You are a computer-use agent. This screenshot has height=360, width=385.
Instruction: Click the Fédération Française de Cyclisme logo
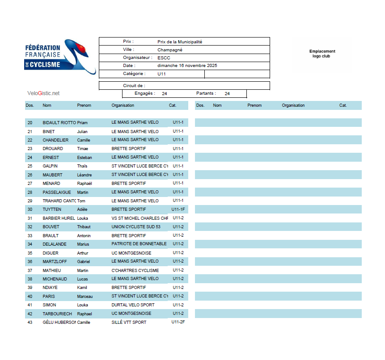click(59, 57)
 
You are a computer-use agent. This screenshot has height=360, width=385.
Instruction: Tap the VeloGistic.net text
click(43, 93)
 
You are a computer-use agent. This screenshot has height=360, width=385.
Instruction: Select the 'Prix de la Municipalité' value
click(180, 42)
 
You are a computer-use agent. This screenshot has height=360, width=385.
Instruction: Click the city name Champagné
click(170, 50)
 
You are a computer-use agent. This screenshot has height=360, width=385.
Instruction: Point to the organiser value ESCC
click(164, 58)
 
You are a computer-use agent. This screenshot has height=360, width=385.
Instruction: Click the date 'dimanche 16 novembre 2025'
click(187, 66)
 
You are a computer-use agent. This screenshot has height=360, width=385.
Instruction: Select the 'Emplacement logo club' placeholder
click(322, 54)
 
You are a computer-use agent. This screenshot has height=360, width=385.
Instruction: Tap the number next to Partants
click(227, 94)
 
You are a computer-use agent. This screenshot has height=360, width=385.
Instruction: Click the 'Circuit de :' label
click(134, 85)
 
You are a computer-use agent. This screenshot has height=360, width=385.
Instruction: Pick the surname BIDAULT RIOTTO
click(59, 122)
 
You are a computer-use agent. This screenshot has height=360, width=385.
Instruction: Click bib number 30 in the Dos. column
click(30, 209)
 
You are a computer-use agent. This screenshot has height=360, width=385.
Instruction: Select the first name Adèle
click(83, 209)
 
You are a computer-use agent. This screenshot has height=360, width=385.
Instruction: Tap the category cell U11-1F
click(178, 209)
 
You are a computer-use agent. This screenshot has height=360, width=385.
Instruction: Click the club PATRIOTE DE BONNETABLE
click(139, 244)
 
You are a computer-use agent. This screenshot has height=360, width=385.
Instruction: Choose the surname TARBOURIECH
click(57, 314)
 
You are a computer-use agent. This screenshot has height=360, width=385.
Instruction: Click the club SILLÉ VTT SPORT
click(129, 322)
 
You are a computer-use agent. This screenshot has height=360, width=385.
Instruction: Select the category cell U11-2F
click(178, 322)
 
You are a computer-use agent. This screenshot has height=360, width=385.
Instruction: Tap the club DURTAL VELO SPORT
click(133, 305)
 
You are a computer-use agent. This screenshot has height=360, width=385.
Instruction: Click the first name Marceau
click(85, 297)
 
